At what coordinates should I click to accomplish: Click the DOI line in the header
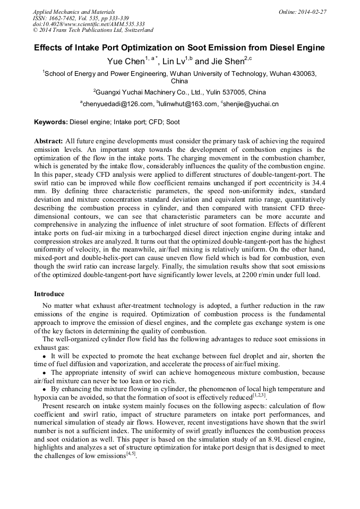coord(89,24)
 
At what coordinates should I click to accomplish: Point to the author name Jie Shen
coord(226,62)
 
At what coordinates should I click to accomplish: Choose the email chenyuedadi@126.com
coord(112,104)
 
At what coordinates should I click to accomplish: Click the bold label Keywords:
coord(51,122)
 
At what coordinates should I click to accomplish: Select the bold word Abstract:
coord(48,141)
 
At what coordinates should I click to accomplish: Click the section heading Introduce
coord(49,294)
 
